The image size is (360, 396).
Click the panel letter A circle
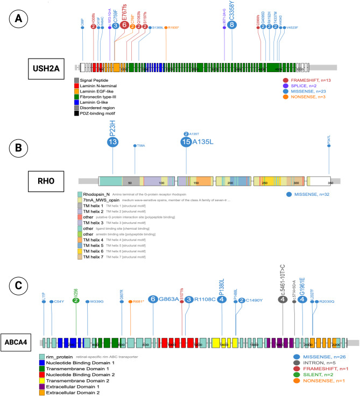tap(19, 20)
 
